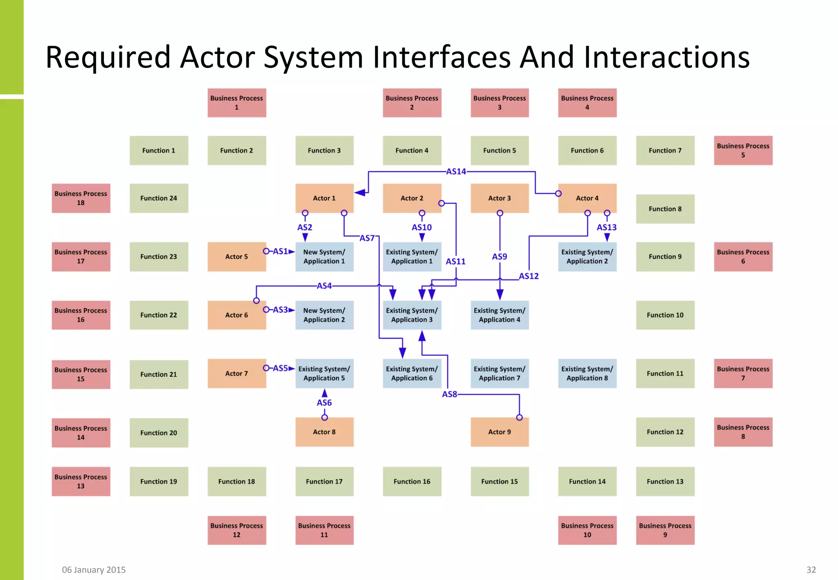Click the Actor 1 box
324,198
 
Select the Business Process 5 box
743,151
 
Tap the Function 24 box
159,198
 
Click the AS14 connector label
456,171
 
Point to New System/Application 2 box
324,315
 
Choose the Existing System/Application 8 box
587,373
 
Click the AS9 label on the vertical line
499,256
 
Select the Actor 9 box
499,432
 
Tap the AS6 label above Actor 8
324,402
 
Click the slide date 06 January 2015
94,570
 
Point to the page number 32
811,570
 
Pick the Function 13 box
665,481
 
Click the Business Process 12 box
237,530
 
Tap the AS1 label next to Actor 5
280,251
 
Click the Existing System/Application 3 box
412,315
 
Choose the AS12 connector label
529,276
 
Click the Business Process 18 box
81,198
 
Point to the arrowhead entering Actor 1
360,193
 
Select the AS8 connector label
449,394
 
